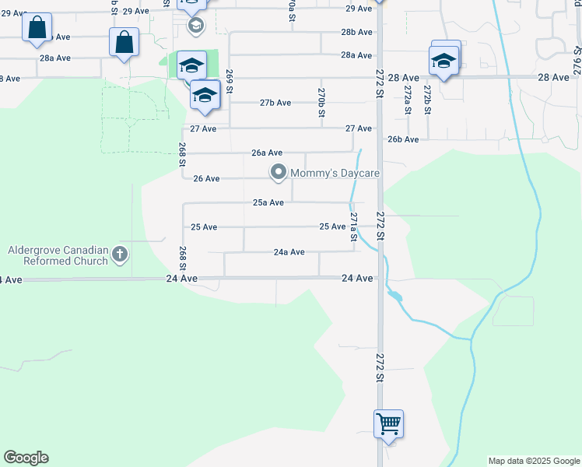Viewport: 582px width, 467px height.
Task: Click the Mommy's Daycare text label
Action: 335,172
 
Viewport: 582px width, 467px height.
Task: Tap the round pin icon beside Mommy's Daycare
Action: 277,172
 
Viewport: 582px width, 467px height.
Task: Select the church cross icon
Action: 120,253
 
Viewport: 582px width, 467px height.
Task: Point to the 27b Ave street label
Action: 275,103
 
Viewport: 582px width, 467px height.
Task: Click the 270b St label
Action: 321,102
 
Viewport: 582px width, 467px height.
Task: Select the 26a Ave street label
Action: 267,153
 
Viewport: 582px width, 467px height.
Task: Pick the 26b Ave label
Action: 404,139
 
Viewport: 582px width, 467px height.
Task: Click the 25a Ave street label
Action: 268,202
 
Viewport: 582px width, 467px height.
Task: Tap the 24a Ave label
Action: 289,252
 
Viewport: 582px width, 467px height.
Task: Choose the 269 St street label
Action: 230,80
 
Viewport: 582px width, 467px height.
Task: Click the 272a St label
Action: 407,101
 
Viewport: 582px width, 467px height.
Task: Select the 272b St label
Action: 427,101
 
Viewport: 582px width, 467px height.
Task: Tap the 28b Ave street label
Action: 356,32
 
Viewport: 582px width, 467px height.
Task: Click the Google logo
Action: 26,458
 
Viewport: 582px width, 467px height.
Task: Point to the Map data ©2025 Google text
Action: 534,461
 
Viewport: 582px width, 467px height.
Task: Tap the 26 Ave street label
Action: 207,178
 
